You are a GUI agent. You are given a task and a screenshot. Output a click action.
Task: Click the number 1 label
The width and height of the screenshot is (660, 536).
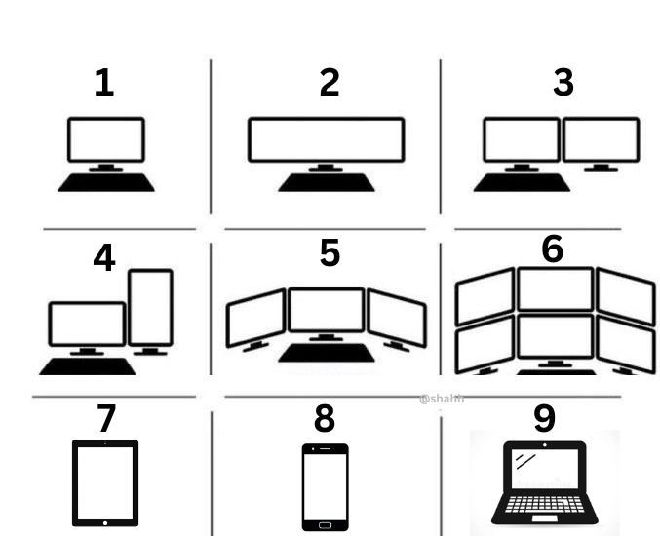point(103,83)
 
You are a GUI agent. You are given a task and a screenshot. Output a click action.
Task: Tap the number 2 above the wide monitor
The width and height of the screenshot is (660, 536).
point(330,83)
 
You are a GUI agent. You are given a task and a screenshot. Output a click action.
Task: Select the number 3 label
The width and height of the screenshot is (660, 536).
point(563,83)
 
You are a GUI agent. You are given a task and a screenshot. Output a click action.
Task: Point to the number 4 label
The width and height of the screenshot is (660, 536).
point(103,258)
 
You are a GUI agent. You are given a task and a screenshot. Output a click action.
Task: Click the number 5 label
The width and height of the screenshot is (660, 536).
point(330,252)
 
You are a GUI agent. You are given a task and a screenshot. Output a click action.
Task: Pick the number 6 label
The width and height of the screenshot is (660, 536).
point(552,249)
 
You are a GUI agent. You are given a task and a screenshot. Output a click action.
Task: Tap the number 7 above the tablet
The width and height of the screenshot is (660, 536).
point(105,419)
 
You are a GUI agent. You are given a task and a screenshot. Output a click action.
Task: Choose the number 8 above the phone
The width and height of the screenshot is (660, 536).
point(324,419)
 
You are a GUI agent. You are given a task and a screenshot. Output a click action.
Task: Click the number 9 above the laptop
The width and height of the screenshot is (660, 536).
point(544,418)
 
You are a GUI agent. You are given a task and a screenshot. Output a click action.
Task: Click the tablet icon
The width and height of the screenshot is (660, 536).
point(105,483)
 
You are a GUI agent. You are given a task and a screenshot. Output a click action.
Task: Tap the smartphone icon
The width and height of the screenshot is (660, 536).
point(325,486)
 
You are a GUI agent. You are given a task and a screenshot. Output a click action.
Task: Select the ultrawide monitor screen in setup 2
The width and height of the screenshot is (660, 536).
point(326,140)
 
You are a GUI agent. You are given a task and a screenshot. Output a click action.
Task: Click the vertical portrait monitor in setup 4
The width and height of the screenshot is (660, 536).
point(151,307)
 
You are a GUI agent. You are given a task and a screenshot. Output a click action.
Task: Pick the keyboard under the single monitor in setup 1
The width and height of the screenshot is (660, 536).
point(105,182)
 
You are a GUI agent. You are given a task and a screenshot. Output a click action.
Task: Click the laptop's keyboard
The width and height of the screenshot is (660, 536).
point(544,506)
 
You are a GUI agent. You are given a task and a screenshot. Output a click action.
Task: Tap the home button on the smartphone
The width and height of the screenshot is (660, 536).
point(325,524)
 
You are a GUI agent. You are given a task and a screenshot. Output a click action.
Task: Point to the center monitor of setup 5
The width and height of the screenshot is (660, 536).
point(326,310)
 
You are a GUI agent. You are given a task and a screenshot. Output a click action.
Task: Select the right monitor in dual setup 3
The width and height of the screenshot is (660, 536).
point(602,140)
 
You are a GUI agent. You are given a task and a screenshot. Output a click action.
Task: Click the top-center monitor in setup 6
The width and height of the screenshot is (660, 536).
point(555,289)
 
